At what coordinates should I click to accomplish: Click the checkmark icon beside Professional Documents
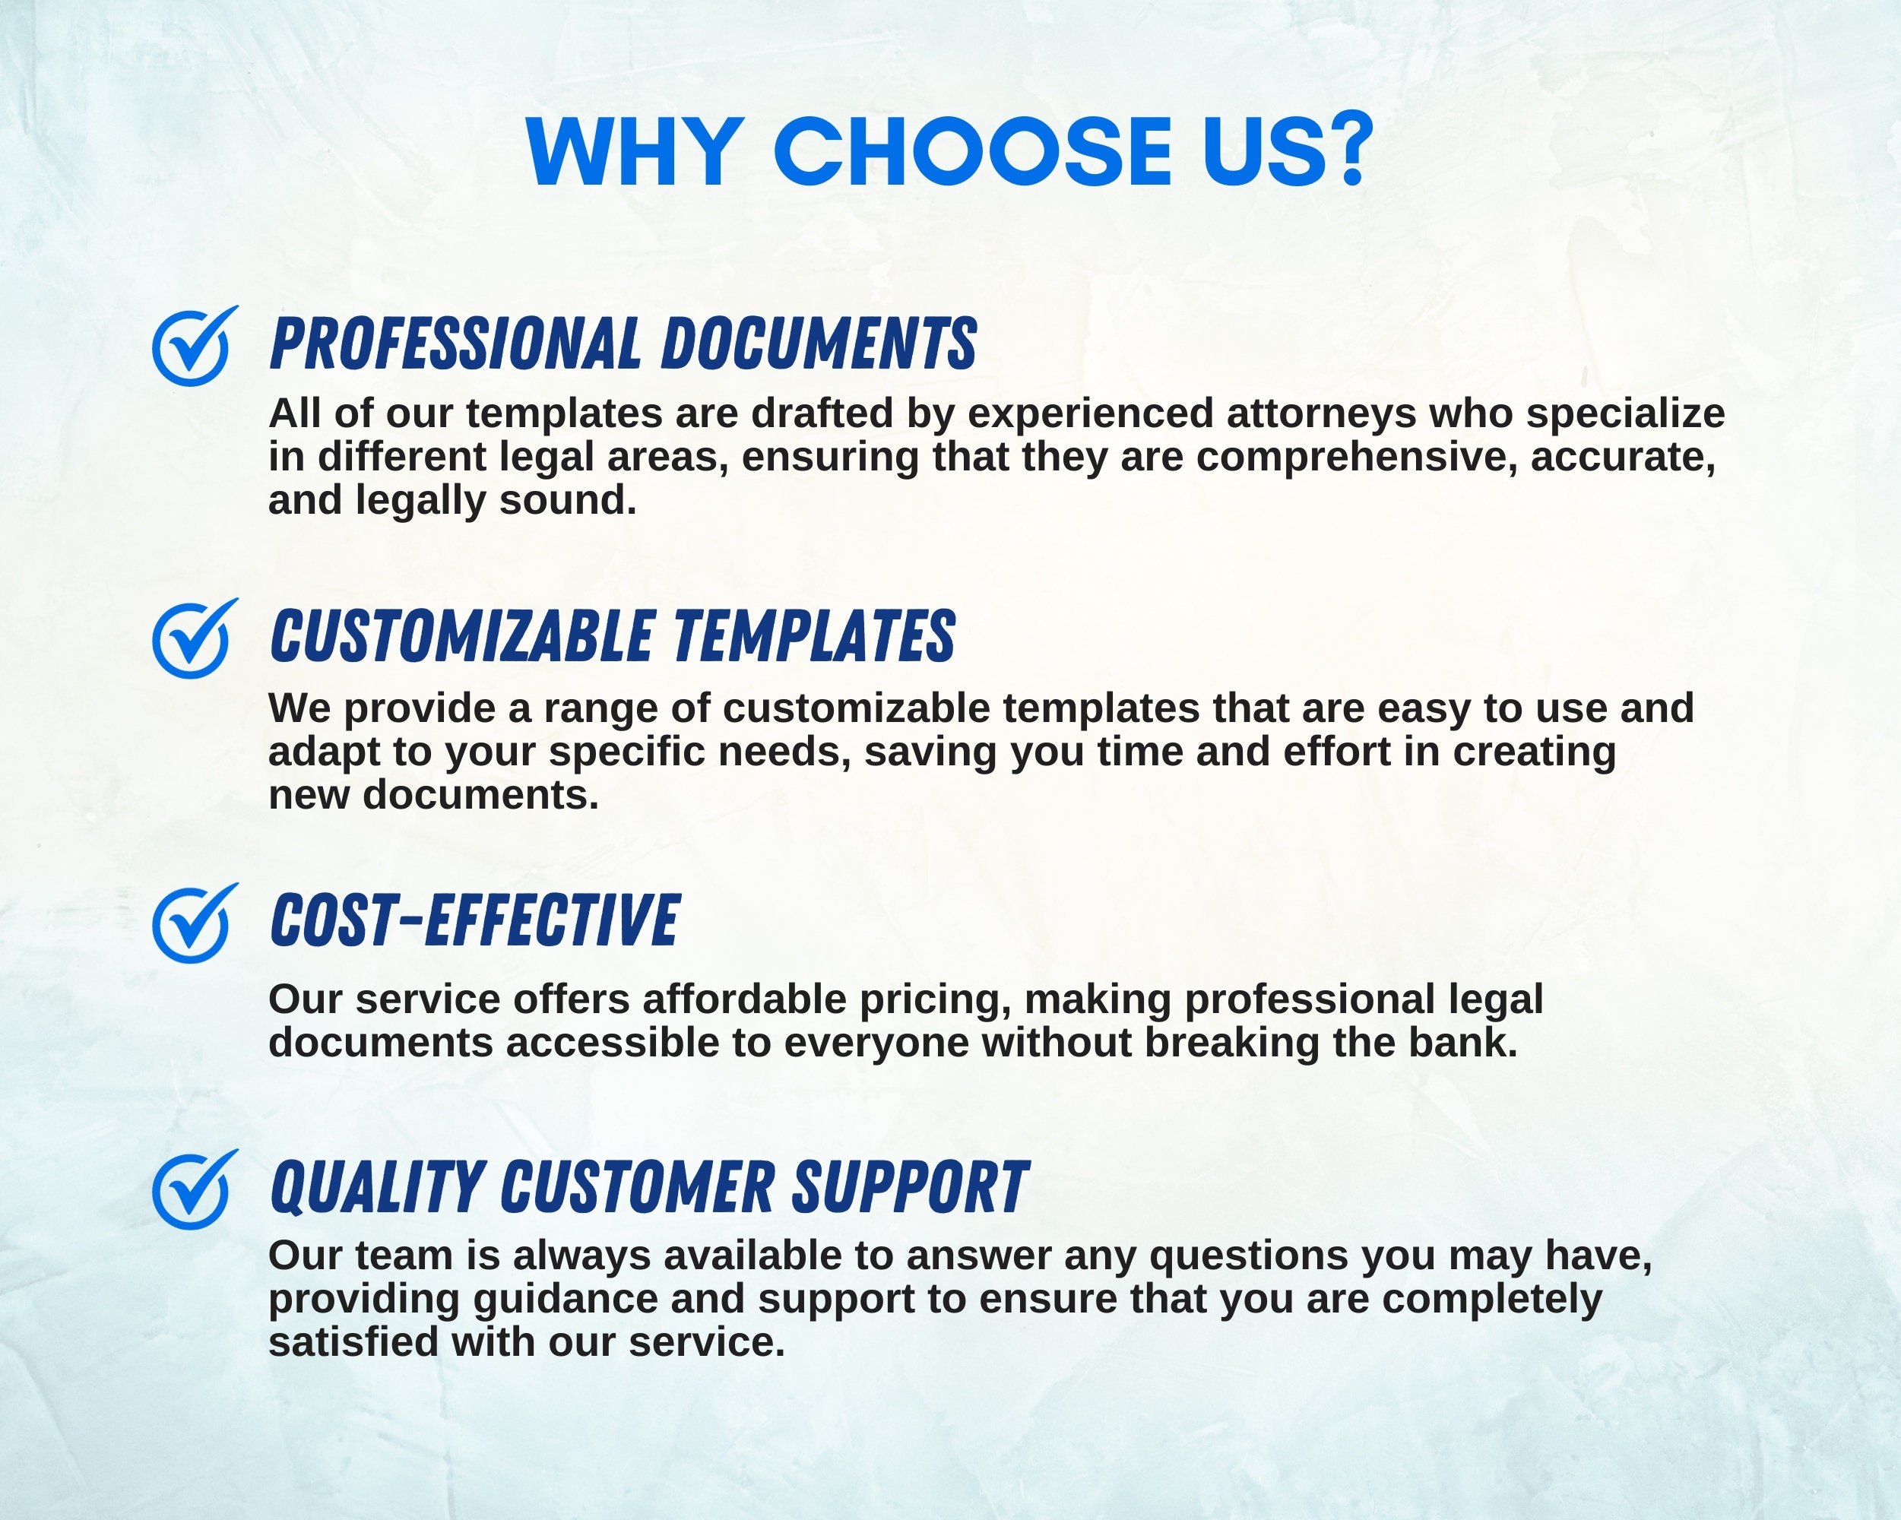[192, 347]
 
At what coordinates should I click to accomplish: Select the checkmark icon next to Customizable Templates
[192, 639]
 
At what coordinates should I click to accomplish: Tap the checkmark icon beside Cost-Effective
[192, 924]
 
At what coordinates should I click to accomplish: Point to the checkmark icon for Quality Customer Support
[192, 1190]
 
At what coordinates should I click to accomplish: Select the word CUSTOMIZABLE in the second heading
[461, 637]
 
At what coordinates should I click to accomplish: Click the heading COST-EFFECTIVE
[474, 920]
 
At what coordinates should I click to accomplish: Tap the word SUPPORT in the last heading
[910, 1188]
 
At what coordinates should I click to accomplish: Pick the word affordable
[744, 1000]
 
